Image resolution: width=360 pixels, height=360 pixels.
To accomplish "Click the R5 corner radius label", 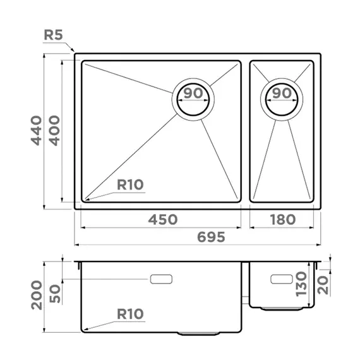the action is coord(53,35).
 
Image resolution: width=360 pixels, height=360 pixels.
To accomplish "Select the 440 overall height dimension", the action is coord(37,131).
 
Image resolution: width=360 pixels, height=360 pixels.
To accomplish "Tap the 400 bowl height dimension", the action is coord(54,131).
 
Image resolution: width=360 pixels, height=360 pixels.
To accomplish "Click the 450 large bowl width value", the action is coord(163,220).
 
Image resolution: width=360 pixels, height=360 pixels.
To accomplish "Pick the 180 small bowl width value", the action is coord(283,220).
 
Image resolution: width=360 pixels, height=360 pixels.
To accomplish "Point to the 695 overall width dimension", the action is coord(211,237).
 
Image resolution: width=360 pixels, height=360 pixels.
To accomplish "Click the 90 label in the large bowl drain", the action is coord(193,93).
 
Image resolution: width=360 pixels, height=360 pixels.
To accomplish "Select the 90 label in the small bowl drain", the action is coord(282,93).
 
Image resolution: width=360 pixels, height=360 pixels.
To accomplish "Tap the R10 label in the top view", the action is coord(130,184).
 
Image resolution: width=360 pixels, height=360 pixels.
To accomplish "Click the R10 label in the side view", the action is coord(130,314).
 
